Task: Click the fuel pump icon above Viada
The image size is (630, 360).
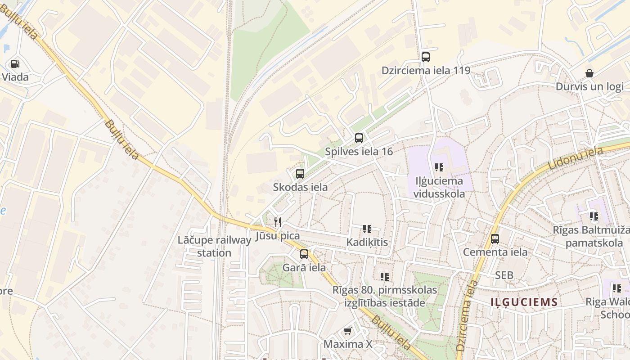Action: coord(15,64)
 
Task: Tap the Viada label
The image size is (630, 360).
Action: coord(15,77)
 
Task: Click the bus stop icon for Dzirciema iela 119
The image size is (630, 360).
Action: coord(426,57)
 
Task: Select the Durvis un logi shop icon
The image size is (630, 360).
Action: coord(589,73)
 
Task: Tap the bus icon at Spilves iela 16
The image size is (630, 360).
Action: coord(359,138)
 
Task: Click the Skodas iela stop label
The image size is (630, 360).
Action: coord(300,187)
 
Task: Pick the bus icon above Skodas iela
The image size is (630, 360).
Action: coord(300,173)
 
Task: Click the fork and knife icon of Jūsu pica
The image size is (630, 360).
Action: coord(278,222)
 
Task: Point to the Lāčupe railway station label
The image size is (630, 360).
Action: coord(214,246)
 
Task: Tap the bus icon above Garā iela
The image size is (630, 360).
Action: coord(304,254)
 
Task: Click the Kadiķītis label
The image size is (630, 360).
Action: coord(367,242)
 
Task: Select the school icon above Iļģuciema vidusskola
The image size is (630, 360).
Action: coord(439,167)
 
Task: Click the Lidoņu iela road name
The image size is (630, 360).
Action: coord(576,158)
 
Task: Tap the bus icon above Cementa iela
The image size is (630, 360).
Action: coord(495,238)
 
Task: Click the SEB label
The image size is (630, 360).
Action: coord(504,275)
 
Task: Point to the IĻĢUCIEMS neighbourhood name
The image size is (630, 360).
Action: coord(524,302)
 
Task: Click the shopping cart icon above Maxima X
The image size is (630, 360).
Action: coord(347,331)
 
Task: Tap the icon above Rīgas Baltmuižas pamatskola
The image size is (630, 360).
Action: coord(594,216)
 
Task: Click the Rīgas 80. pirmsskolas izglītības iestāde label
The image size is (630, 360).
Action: coord(385,296)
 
